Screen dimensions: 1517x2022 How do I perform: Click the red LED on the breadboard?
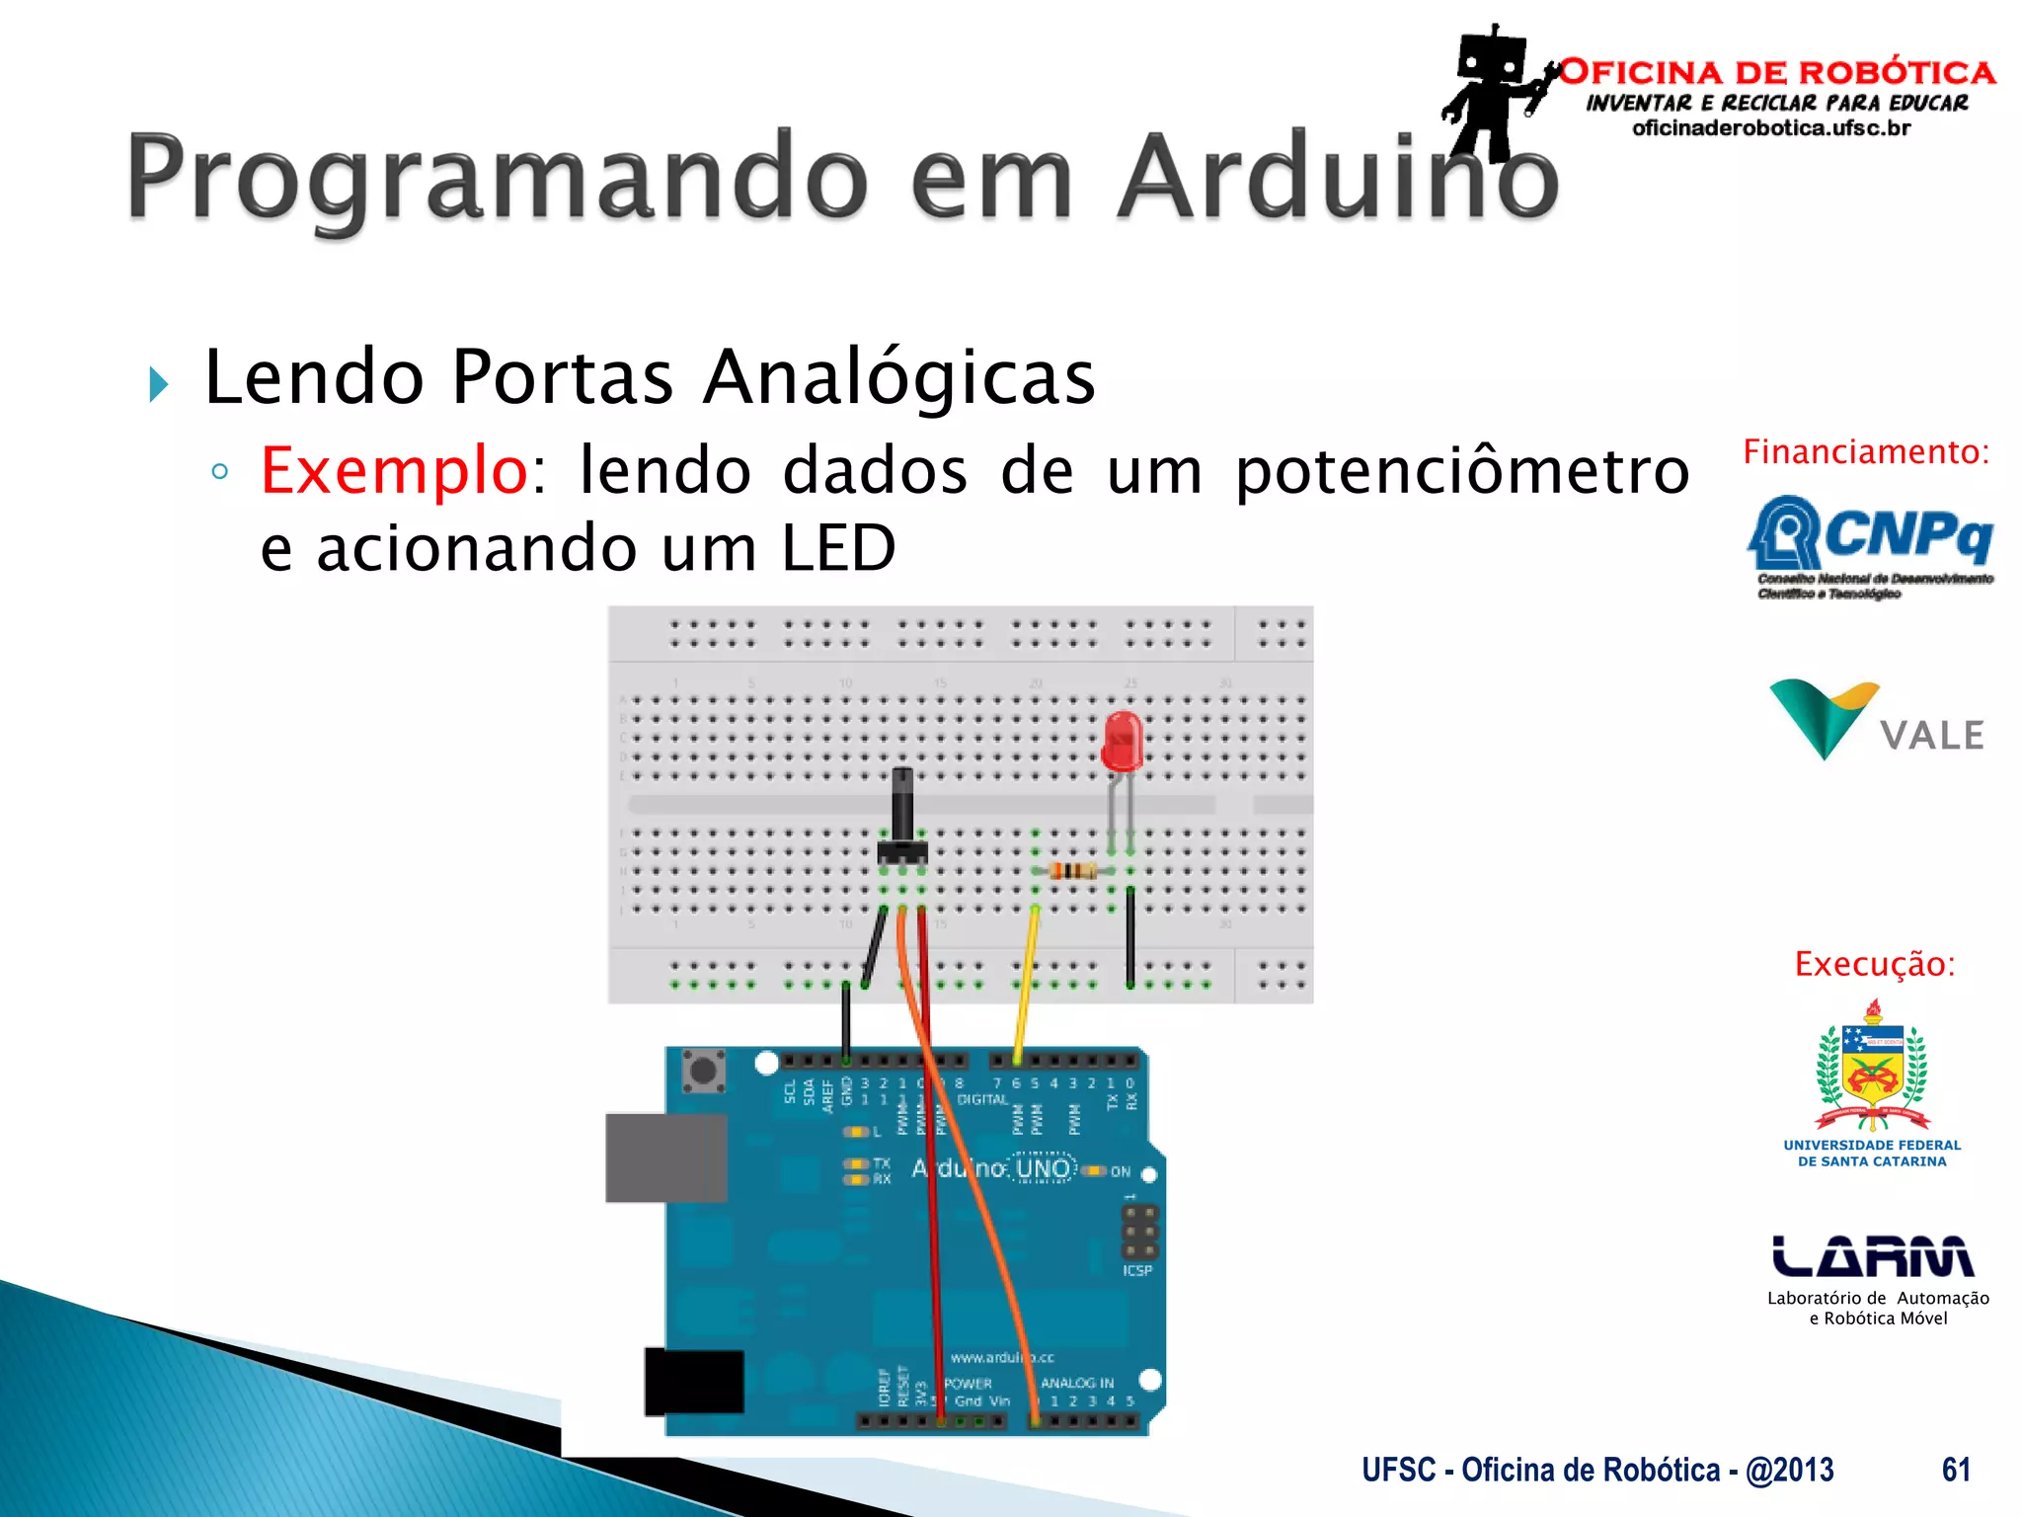click(x=1122, y=741)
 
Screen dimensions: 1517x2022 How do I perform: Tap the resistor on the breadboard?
click(x=1071, y=870)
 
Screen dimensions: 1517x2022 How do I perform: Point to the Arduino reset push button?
click(x=703, y=1071)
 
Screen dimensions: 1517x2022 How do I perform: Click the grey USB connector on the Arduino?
click(x=664, y=1158)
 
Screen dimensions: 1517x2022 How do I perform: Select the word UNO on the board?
click(x=1043, y=1168)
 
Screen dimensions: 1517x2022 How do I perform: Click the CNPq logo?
click(x=1871, y=543)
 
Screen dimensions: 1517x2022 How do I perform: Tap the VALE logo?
click(x=1876, y=721)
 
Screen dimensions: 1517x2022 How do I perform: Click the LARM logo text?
click(x=1872, y=1256)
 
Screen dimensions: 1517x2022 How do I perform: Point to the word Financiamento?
click(x=1865, y=452)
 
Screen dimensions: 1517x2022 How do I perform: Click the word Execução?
click(x=1874, y=964)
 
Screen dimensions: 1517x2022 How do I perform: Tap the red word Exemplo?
click(x=394, y=472)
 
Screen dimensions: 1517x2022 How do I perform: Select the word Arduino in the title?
click(x=1338, y=178)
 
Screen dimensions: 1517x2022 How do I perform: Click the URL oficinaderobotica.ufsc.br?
click(x=1771, y=128)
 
